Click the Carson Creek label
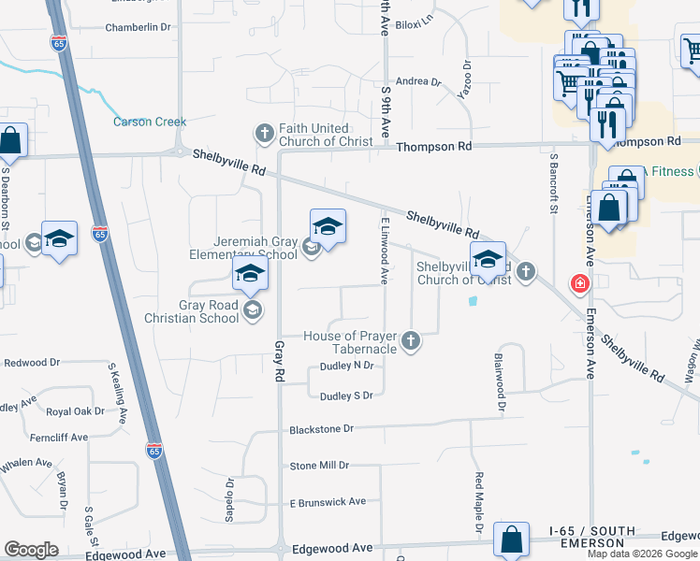point(150,122)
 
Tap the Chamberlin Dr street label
point(139,27)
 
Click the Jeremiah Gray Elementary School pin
point(328,229)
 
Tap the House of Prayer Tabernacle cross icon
point(411,341)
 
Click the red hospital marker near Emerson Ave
point(580,282)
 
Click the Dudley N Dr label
point(347,366)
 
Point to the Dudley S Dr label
point(346,396)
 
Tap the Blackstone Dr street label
point(322,428)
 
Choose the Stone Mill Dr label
point(319,465)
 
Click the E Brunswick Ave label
point(327,502)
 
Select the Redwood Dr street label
point(32,362)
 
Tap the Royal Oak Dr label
point(75,411)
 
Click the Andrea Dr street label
point(418,82)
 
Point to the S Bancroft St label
point(554,183)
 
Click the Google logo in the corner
point(31,550)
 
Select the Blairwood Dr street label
point(500,382)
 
